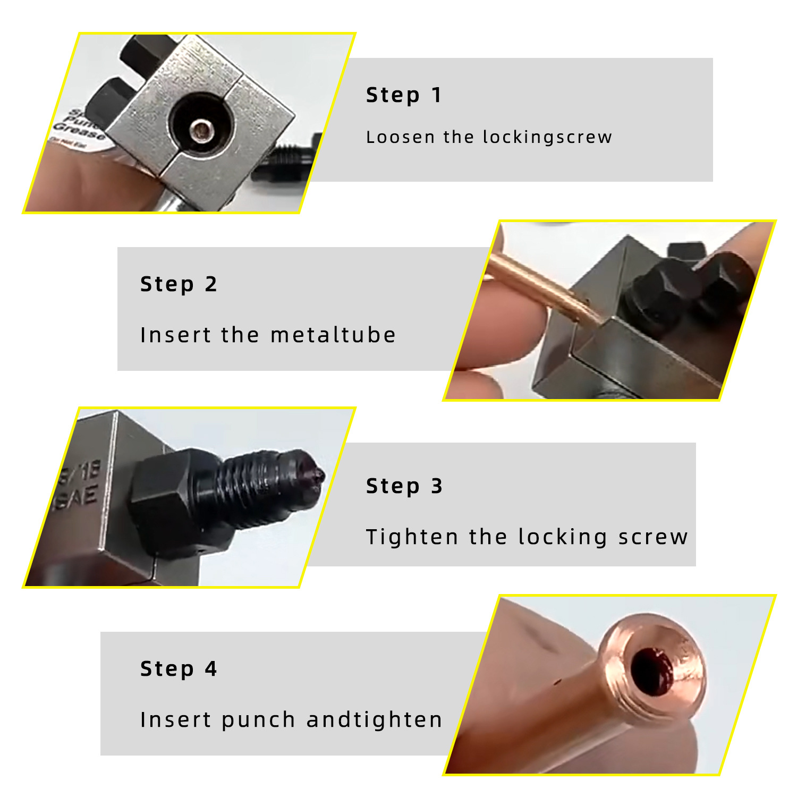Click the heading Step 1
coord(403,96)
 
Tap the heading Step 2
coord(179,284)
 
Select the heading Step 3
coord(404,486)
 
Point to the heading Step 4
coord(179,669)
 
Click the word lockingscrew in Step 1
coord(547,137)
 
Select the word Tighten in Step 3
coord(412,537)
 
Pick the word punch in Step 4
coord(258,720)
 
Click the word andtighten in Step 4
coord(374,720)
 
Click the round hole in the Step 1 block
coord(201,129)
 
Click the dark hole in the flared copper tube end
coord(652,671)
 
